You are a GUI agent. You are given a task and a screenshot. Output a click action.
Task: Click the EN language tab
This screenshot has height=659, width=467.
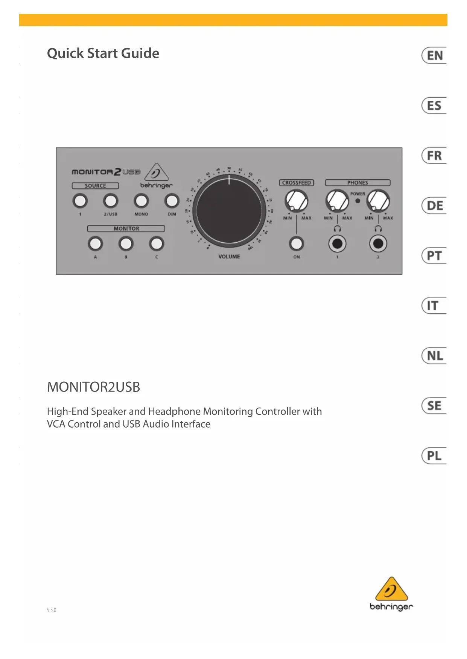(434, 56)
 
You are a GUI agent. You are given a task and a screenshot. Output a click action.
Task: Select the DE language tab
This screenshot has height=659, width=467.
(434, 206)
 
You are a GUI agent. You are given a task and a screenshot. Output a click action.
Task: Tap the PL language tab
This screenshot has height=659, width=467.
(434, 456)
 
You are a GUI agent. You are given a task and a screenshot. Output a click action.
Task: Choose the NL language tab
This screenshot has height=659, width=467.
(434, 355)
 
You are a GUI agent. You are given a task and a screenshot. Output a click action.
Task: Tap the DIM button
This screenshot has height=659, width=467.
(172, 201)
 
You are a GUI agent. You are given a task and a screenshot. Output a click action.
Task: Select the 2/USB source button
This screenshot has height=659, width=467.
(111, 201)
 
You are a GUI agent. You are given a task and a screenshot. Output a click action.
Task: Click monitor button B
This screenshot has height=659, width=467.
(126, 244)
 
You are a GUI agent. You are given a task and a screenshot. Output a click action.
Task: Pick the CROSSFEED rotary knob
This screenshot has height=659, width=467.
(296, 201)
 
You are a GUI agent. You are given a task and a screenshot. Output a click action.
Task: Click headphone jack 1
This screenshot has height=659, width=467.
(337, 244)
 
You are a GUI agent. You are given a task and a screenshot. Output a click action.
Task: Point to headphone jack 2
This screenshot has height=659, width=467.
(378, 244)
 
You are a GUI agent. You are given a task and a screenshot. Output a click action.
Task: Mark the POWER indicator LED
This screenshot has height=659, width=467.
(357, 201)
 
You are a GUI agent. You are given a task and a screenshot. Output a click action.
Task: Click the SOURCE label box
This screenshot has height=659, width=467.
(95, 186)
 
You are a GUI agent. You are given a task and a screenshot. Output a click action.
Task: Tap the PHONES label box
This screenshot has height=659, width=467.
(357, 183)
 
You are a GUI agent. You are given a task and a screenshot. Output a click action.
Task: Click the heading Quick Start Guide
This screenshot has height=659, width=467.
(103, 53)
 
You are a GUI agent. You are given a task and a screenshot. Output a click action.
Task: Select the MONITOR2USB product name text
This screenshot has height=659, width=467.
(93, 387)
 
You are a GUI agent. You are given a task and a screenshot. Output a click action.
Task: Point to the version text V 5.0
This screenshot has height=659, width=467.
(52, 610)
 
